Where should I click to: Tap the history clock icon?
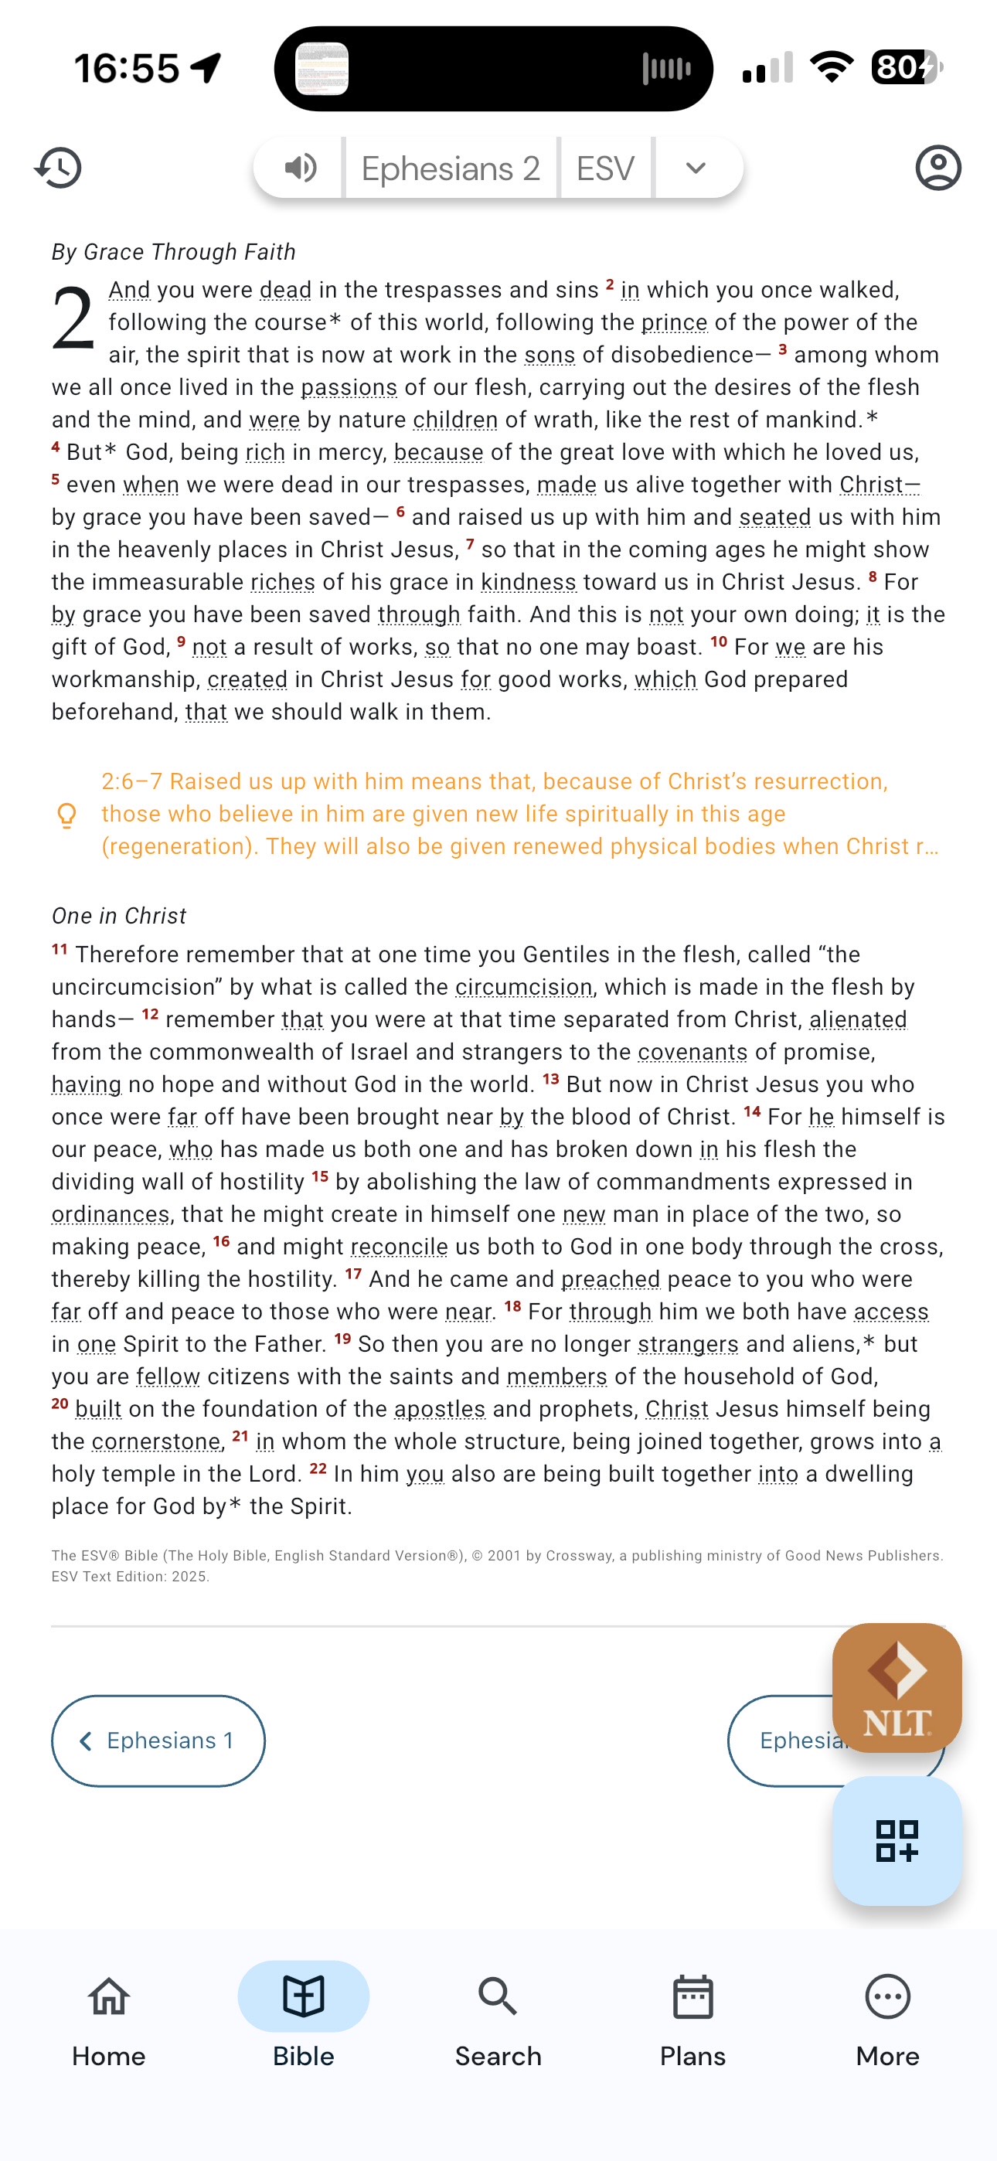(58, 168)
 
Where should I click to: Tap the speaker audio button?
(300, 168)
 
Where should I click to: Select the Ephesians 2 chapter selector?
(451, 168)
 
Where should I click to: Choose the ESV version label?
(605, 168)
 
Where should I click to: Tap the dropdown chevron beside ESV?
(696, 168)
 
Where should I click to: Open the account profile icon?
(937, 168)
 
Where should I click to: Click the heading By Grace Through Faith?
(174, 252)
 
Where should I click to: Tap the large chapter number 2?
(72, 318)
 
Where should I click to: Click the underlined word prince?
(674, 322)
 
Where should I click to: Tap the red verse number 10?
(718, 642)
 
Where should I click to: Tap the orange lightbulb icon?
(67, 815)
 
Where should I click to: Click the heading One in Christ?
(119, 915)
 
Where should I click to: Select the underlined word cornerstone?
(155, 1441)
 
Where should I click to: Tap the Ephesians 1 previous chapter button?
(158, 1741)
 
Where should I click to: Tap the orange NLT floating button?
(897, 1687)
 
